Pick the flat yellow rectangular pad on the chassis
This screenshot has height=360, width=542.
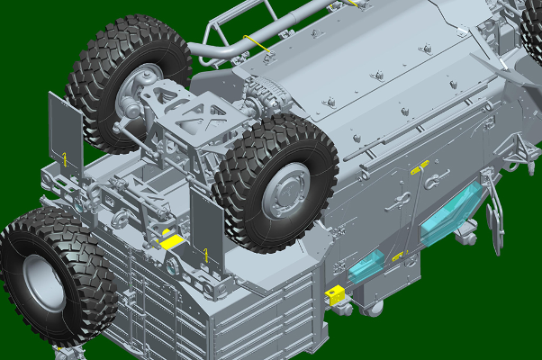click(171, 240)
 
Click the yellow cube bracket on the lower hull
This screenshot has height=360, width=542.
click(335, 293)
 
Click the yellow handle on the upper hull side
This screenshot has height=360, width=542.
click(417, 167)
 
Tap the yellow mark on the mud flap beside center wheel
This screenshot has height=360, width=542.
click(206, 255)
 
